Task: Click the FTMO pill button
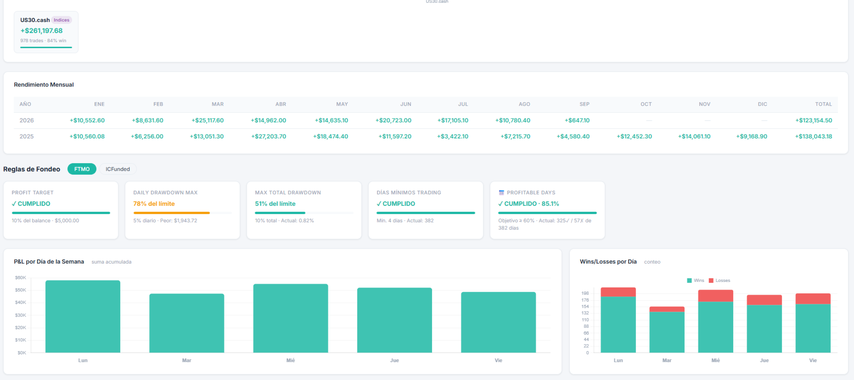tap(82, 169)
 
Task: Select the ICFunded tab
tap(118, 169)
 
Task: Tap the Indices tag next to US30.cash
tap(62, 20)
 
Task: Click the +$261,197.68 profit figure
tap(41, 31)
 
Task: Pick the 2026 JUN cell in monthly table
tap(393, 121)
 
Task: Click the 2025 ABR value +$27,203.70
tap(269, 137)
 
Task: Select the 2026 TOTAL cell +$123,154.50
tap(814, 121)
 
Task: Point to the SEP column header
tap(584, 104)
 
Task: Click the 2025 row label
tap(27, 137)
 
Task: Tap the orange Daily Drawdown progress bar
tap(172, 213)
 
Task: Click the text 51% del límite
tap(275, 204)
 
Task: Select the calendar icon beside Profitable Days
tap(501, 193)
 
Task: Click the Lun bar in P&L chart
tap(83, 317)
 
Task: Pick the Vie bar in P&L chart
tap(499, 322)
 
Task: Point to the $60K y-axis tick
tap(21, 278)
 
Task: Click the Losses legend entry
tap(719, 281)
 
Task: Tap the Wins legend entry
tap(696, 281)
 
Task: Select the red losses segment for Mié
tap(715, 296)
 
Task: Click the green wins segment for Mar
tap(667, 332)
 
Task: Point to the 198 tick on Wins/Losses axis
tap(585, 293)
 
